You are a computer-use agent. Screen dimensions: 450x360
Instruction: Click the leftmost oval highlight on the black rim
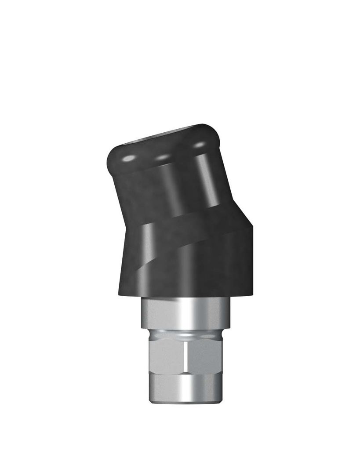tap(129, 158)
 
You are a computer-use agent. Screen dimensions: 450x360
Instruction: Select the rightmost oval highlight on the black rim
tap(200, 144)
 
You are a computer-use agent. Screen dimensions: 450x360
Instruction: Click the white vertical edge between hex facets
tap(186, 356)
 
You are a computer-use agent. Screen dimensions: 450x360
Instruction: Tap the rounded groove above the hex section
tap(185, 334)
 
